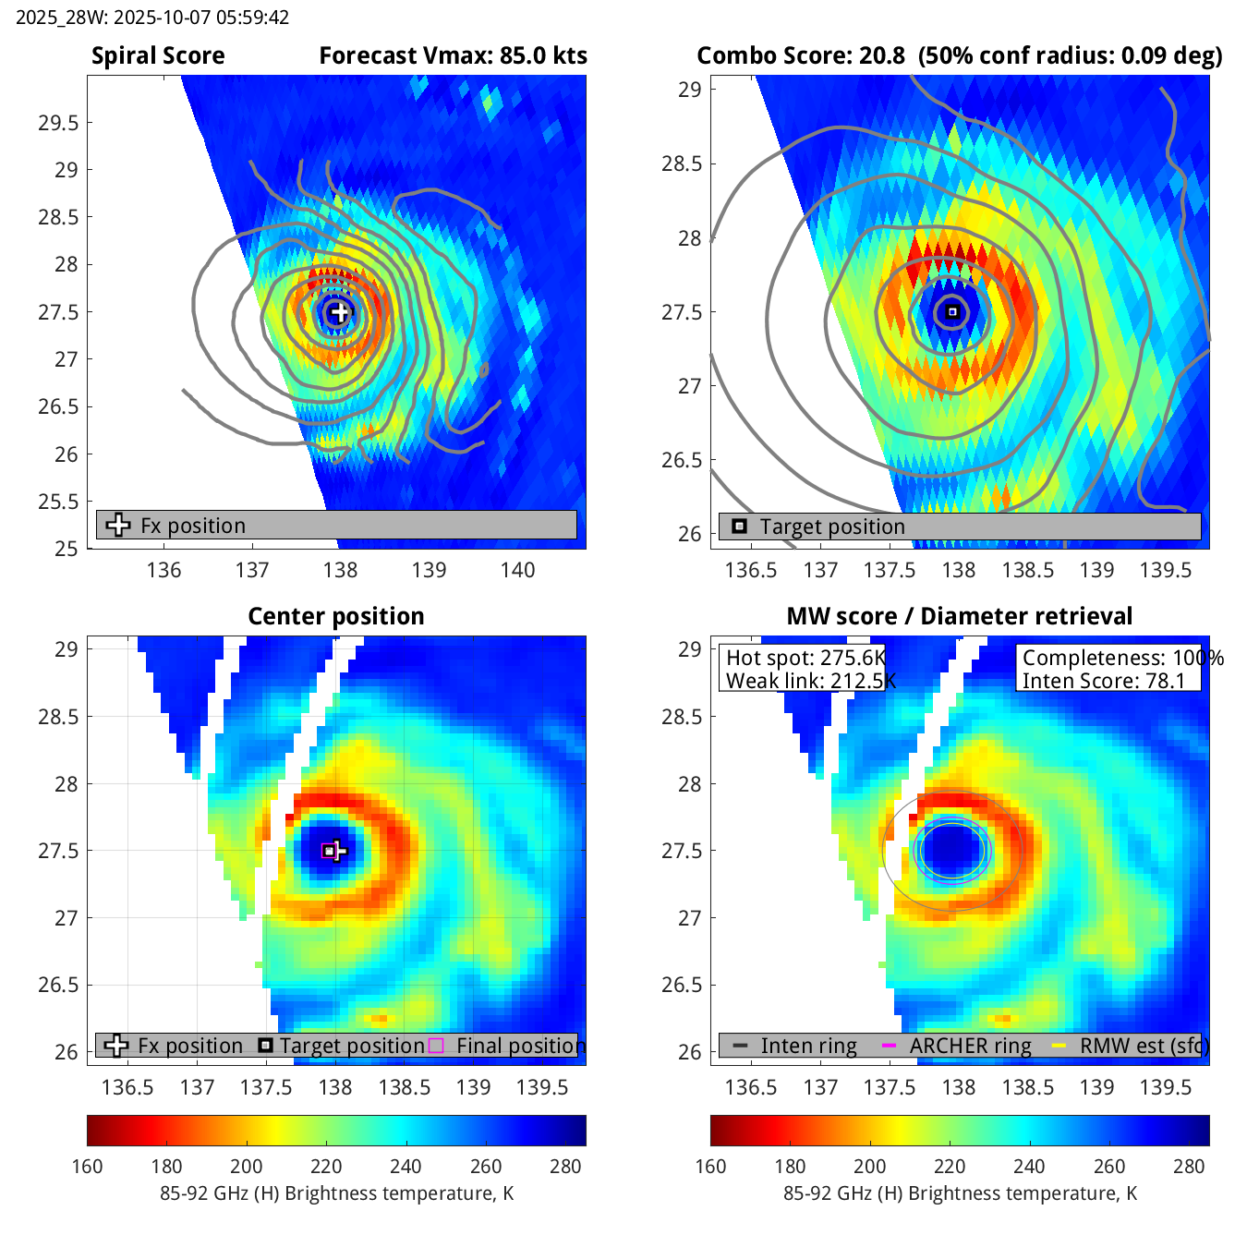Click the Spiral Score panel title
pyautogui.click(x=158, y=56)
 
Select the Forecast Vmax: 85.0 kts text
pyautogui.click(x=453, y=56)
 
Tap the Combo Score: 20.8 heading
pyautogui.click(x=801, y=56)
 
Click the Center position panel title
pyautogui.click(x=336, y=616)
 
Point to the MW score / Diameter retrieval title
pyautogui.click(x=959, y=616)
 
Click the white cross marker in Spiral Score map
pyautogui.click(x=340, y=312)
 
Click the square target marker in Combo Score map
pyautogui.click(x=952, y=312)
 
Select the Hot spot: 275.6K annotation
pyautogui.click(x=805, y=658)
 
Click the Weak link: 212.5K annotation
pyautogui.click(x=810, y=681)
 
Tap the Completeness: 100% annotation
pyautogui.click(x=1122, y=658)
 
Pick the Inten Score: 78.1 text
pyautogui.click(x=1103, y=681)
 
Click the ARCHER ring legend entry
pyautogui.click(x=970, y=1046)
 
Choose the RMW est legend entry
pyautogui.click(x=1144, y=1046)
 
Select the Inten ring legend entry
pyautogui.click(x=808, y=1046)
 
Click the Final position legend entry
pyautogui.click(x=520, y=1046)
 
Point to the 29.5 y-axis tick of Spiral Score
pyautogui.click(x=58, y=123)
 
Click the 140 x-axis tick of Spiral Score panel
pyautogui.click(x=517, y=570)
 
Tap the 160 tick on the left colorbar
pyautogui.click(x=87, y=1167)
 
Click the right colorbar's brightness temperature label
pyautogui.click(x=960, y=1193)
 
